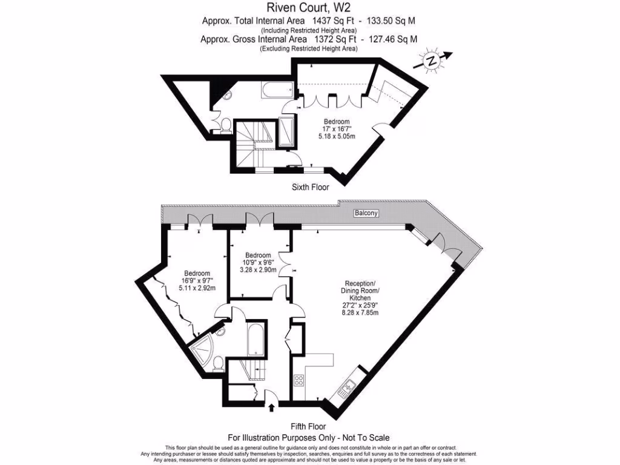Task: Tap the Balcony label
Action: tap(366, 213)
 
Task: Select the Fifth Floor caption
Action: tap(309, 426)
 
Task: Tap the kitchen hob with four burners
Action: tap(298, 381)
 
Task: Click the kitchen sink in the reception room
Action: tap(350, 386)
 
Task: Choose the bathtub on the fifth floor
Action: tap(254, 340)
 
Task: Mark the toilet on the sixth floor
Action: tap(225, 125)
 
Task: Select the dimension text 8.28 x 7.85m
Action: tap(360, 313)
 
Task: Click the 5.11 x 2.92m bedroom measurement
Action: tap(197, 288)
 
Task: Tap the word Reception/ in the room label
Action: tap(360, 283)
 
